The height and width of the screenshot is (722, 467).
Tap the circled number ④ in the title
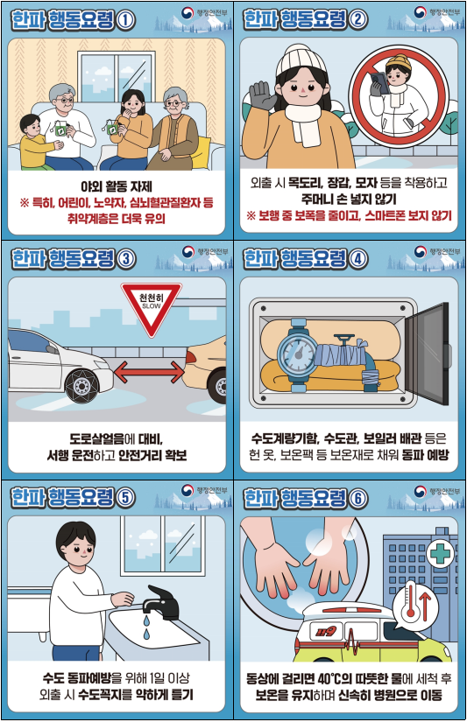click(x=384, y=260)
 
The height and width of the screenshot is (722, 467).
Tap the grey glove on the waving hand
click(x=262, y=95)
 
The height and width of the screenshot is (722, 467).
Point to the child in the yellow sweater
click(x=33, y=144)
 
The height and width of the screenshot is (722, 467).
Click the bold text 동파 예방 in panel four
click(x=424, y=456)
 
